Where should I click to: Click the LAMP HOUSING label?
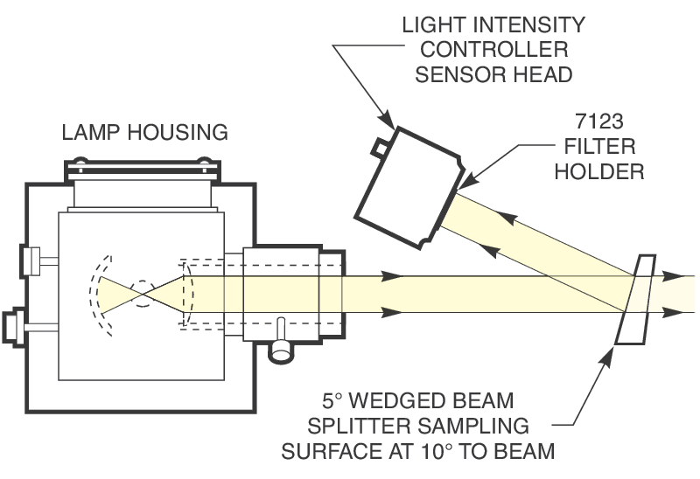(x=144, y=133)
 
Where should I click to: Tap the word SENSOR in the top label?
(x=450, y=73)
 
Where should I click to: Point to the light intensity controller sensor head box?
(x=408, y=185)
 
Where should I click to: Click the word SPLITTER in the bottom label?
(x=409, y=427)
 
